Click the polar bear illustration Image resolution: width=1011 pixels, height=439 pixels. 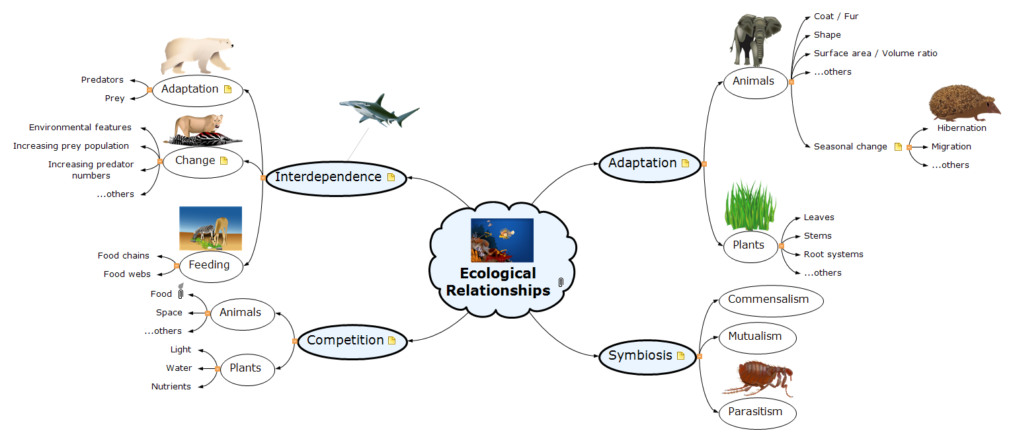(x=197, y=56)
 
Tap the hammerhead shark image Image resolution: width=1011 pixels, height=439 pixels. (x=378, y=110)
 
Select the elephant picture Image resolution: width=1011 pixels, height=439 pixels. (x=755, y=41)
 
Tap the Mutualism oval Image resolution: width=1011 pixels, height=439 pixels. (x=754, y=337)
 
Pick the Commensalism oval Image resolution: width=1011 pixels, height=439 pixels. (x=768, y=299)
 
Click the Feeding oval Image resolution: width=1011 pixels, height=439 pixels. (x=209, y=265)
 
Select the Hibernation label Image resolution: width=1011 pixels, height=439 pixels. (x=961, y=128)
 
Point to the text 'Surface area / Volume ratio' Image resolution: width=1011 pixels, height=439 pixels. (x=875, y=54)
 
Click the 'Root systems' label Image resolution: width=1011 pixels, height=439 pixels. (x=833, y=255)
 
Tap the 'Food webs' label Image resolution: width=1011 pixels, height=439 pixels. (x=127, y=274)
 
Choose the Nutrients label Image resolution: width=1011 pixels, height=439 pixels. (x=171, y=387)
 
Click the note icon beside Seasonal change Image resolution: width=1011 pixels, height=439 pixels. (x=898, y=147)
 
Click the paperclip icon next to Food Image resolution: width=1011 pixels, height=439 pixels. (x=180, y=294)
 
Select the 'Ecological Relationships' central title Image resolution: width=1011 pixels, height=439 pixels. (x=498, y=282)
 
